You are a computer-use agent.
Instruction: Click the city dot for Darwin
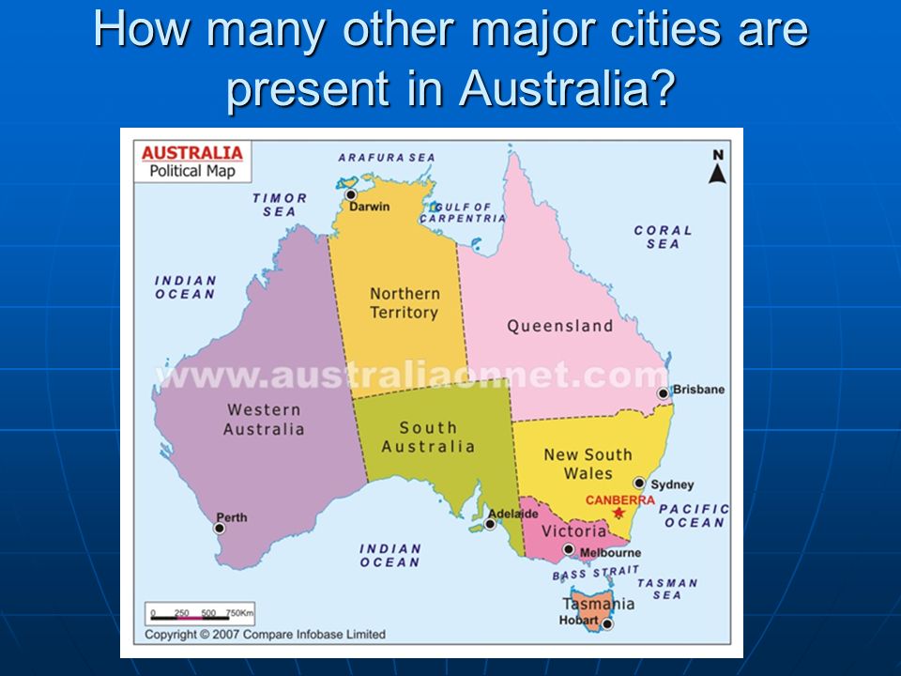[x=350, y=195]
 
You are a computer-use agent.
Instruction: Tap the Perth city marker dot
[x=220, y=529]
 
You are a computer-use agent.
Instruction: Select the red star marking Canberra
[x=618, y=513]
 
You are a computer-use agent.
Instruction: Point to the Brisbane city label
[x=698, y=389]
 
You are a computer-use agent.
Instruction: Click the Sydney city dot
[x=639, y=483]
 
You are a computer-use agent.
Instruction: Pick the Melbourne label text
[x=610, y=552]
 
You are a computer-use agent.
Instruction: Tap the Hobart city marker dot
[x=607, y=623]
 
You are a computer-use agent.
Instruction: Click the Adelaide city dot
[x=490, y=524]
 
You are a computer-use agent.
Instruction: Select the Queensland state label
[x=559, y=326]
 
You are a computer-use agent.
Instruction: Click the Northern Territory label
[x=405, y=303]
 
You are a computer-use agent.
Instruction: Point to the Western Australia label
[x=264, y=419]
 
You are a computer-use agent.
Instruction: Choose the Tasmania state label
[x=599, y=603]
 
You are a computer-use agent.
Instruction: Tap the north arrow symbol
[x=718, y=167]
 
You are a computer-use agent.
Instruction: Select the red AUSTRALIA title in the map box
[x=191, y=153]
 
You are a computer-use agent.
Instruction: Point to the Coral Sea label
[x=664, y=237]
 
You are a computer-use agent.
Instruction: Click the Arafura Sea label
[x=387, y=158]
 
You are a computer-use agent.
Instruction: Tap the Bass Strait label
[x=596, y=573]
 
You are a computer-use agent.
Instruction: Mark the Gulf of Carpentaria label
[x=463, y=213]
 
